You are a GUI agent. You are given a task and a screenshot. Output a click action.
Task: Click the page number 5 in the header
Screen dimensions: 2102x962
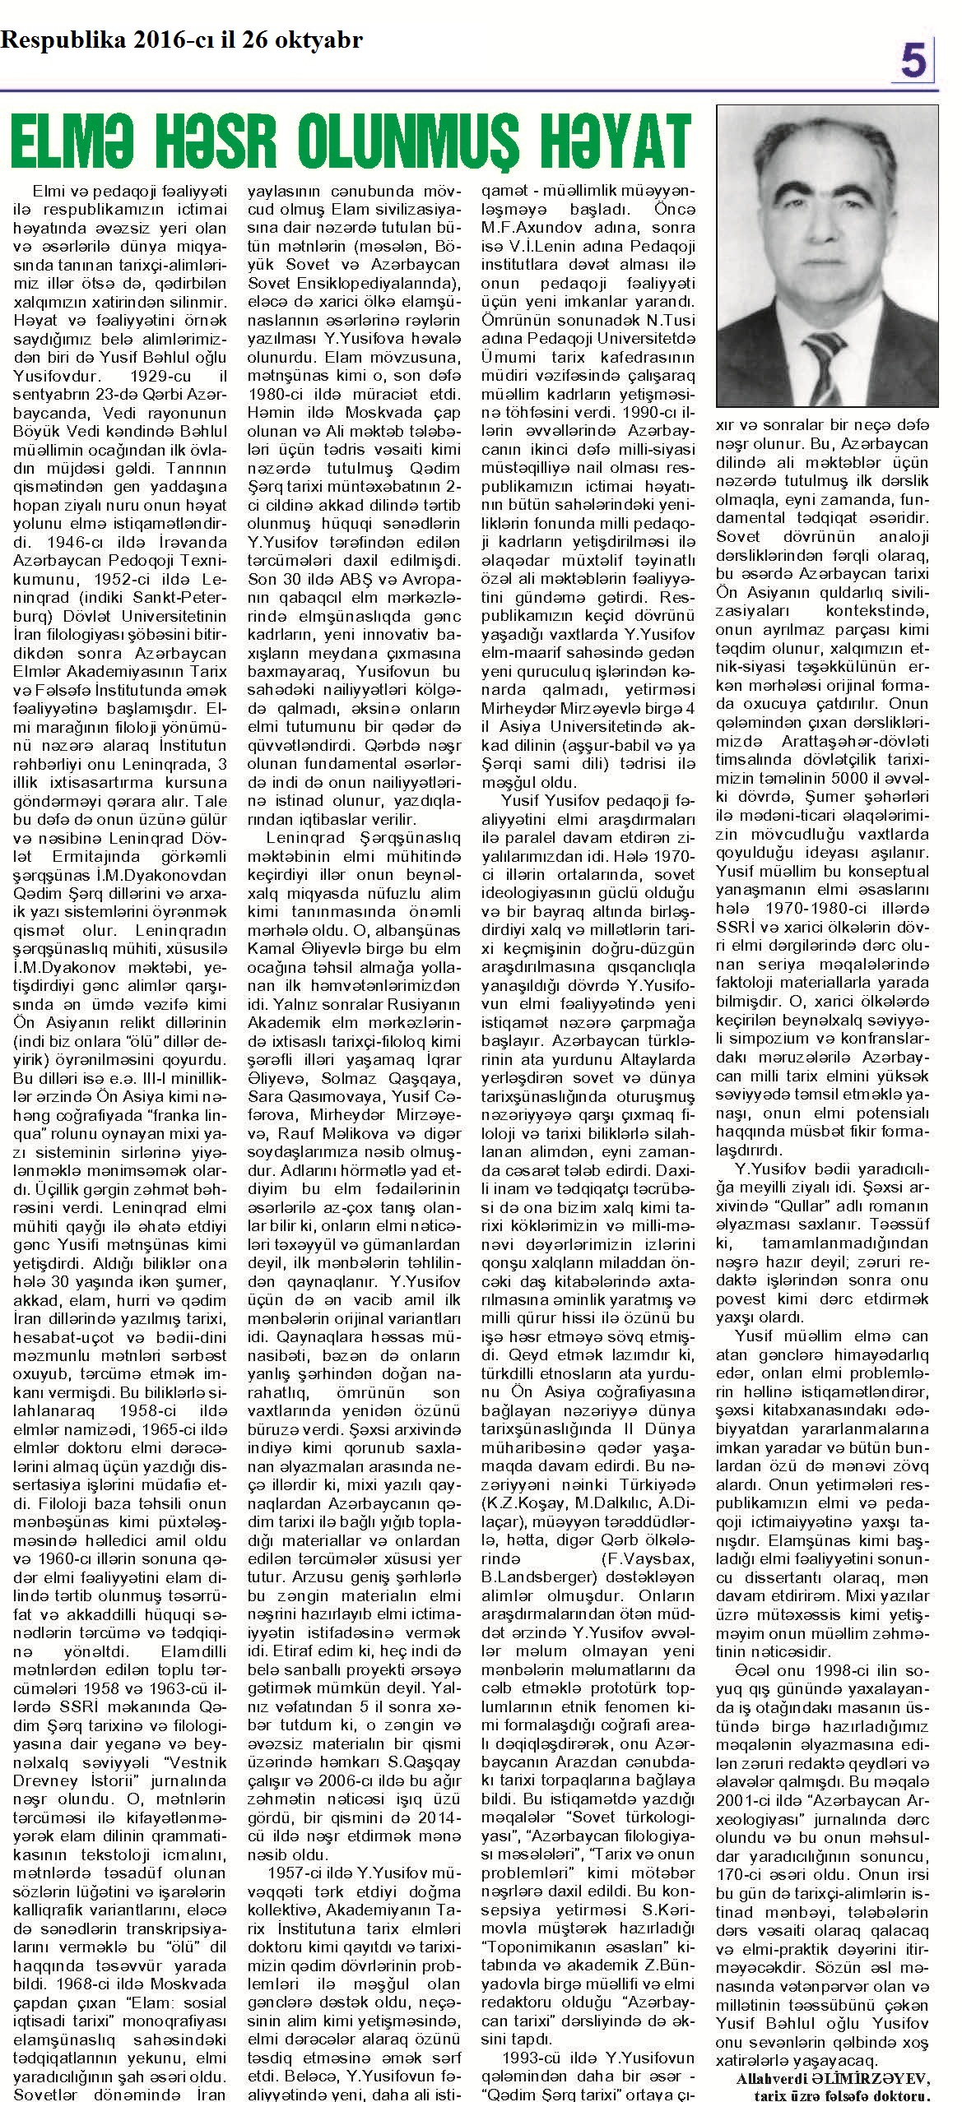(913, 60)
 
